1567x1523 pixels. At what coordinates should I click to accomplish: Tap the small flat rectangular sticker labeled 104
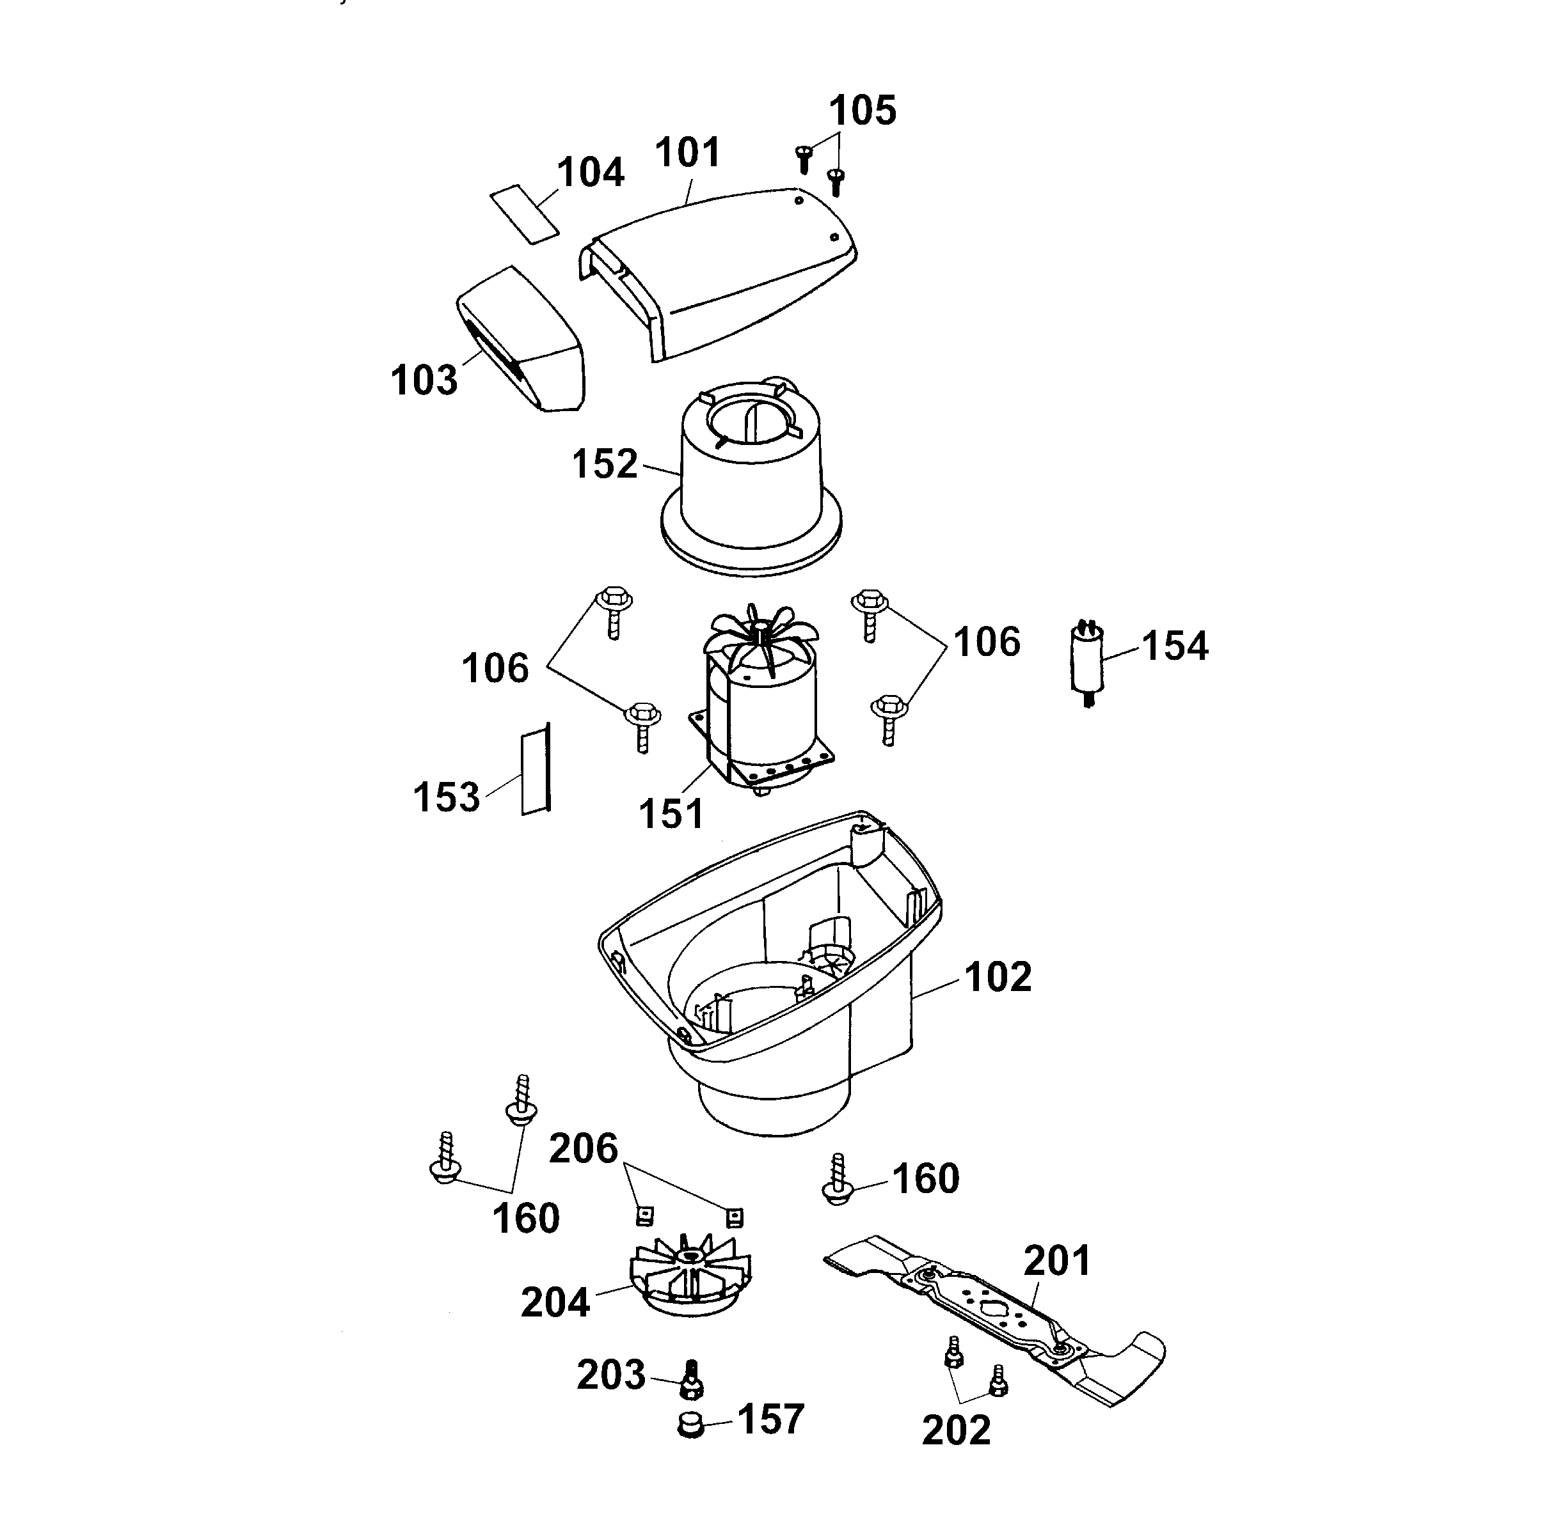(524, 213)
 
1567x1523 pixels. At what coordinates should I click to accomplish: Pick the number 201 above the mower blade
(1057, 1261)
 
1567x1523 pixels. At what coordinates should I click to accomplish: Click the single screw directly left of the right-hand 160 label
(837, 1181)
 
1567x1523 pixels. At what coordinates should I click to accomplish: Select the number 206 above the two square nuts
(584, 1149)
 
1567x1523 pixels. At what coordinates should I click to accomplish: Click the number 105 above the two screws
(862, 111)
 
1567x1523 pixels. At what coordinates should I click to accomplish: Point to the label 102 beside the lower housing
(997, 977)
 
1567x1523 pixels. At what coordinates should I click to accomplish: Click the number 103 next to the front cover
(424, 380)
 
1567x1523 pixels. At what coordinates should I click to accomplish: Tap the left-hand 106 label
(495, 668)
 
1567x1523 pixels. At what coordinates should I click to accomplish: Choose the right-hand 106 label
(987, 643)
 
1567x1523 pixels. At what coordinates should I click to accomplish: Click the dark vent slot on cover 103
(492, 351)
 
